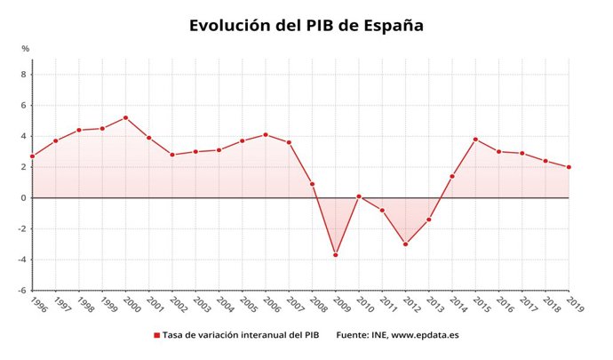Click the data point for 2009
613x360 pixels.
[x=336, y=255]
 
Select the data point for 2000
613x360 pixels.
[x=125, y=117]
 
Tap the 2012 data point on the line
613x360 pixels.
[x=406, y=244]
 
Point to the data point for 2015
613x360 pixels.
[x=476, y=139]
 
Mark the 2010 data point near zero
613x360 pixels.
[x=359, y=196]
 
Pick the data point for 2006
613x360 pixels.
[x=266, y=134]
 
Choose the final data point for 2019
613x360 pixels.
[x=569, y=167]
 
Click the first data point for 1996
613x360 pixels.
[x=33, y=156]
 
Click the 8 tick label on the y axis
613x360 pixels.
[x=24, y=75]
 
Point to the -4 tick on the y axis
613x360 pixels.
[x=22, y=260]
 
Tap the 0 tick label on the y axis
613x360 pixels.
[x=24, y=198]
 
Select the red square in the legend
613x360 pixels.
[x=156, y=335]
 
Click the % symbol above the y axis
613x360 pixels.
[x=26, y=48]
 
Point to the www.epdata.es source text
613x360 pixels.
[x=425, y=335]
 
